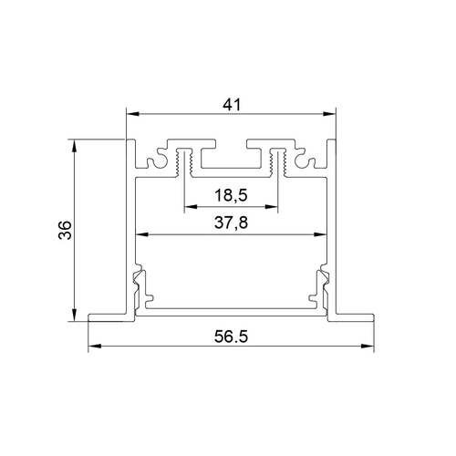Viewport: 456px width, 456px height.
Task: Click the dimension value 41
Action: coord(232,105)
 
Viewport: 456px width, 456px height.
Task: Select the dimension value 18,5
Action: coord(231,195)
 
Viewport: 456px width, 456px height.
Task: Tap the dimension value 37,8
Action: coord(231,223)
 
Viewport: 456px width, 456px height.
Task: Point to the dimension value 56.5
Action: coord(231,337)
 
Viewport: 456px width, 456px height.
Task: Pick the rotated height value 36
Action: coord(65,230)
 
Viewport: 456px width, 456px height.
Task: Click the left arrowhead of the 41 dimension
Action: coord(133,114)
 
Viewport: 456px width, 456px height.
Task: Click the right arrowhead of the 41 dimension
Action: coord(329,114)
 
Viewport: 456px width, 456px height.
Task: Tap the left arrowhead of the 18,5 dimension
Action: coord(191,207)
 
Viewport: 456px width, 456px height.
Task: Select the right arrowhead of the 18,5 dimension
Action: coord(271,207)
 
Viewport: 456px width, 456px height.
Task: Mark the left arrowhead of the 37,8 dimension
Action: coord(142,234)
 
